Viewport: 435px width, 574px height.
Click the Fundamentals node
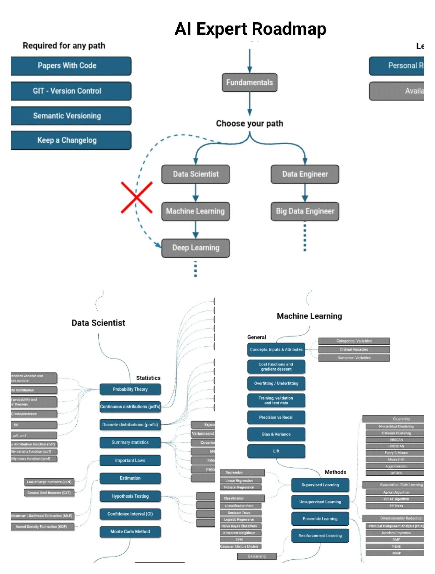click(249, 82)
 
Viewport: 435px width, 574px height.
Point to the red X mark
click(137, 197)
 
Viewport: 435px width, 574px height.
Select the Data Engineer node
click(305, 174)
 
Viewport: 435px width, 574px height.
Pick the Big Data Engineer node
click(305, 211)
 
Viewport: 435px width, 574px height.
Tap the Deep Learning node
click(196, 248)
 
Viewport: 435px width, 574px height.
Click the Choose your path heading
click(249, 124)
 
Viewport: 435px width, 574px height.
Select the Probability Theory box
click(130, 389)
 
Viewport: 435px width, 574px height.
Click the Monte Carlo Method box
click(130, 531)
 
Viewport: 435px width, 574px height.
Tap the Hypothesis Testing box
click(130, 496)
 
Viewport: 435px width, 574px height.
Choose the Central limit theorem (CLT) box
click(49, 493)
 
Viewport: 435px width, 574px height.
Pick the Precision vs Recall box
click(276, 417)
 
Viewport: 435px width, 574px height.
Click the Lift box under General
click(276, 451)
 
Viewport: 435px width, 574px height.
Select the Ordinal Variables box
click(354, 349)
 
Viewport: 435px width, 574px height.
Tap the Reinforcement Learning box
click(320, 535)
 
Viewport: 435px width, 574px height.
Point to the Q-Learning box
click(257, 556)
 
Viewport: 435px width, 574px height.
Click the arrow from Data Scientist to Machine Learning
click(196, 193)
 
